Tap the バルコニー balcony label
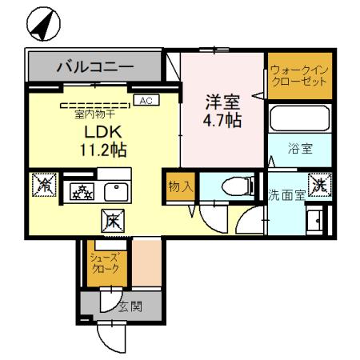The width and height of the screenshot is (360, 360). (x=94, y=66)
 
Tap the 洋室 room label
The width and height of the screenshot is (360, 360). (x=222, y=102)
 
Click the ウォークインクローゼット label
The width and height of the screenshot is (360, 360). (x=297, y=77)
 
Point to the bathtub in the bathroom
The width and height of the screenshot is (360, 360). (x=297, y=119)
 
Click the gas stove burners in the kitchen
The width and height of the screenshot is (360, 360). (x=82, y=191)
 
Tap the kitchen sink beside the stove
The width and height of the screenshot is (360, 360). (x=117, y=191)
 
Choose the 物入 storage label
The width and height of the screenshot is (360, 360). (x=180, y=186)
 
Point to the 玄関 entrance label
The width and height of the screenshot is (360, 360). (x=130, y=306)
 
